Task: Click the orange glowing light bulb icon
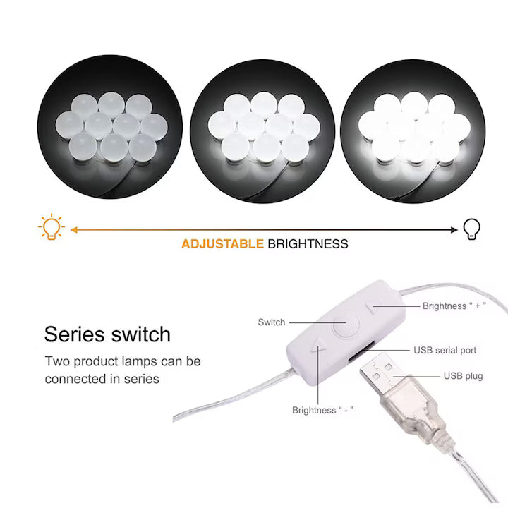tap(52, 226)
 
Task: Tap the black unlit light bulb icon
tap(471, 229)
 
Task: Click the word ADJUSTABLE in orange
tap(222, 243)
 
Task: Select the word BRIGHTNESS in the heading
tap(308, 243)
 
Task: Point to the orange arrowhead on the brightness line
tap(74, 230)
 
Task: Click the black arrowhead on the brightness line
tap(454, 230)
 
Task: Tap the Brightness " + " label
tap(454, 306)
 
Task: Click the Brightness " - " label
tap(322, 410)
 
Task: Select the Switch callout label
tap(272, 322)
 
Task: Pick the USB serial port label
tap(445, 350)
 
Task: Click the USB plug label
tap(463, 376)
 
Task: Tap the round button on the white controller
tap(346, 325)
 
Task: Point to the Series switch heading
tap(107, 334)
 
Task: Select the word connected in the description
tap(75, 379)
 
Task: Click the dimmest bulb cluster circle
tap(110, 127)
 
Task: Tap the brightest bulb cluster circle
tap(413, 131)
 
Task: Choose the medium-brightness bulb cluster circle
tap(262, 131)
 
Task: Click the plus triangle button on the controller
tap(371, 307)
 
